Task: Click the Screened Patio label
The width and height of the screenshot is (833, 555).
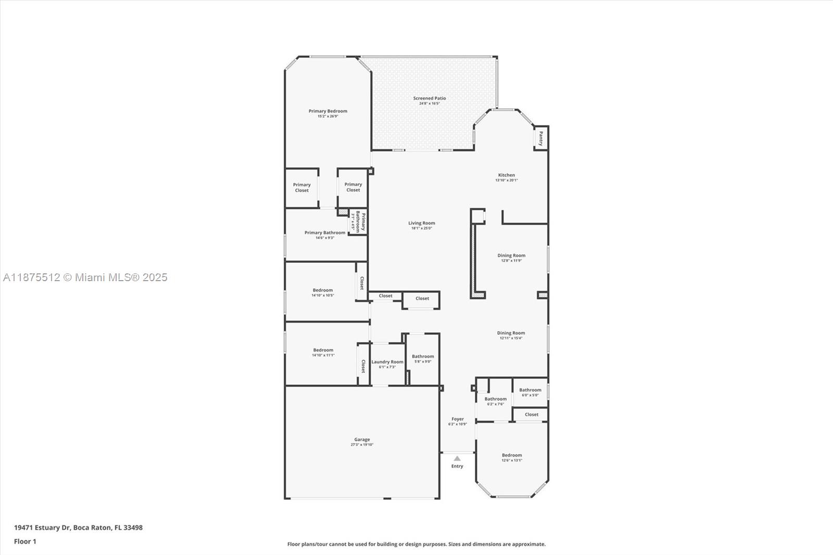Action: point(430,98)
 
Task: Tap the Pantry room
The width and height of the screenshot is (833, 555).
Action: point(541,138)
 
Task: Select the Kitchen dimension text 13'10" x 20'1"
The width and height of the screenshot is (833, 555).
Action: point(506,180)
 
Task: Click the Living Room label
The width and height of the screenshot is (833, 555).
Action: point(421,223)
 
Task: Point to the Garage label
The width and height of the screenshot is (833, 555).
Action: point(362,439)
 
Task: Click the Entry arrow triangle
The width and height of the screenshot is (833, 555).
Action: point(457,459)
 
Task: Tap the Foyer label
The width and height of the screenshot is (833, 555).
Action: point(458,419)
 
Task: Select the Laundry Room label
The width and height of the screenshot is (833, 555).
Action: point(387,362)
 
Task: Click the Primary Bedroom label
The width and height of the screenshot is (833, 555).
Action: point(327,111)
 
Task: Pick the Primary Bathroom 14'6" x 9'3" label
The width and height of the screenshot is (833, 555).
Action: point(325,233)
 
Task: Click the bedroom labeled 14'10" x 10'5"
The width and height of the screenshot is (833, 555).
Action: point(323,291)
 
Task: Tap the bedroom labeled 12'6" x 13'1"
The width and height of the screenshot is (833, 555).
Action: point(512,455)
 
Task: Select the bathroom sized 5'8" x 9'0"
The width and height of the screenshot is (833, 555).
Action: point(423,357)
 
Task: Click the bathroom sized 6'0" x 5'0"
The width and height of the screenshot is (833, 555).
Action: point(530,390)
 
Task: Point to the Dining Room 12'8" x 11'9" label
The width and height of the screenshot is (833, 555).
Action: point(511,256)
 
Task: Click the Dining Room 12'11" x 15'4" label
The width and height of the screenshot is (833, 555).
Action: point(511,333)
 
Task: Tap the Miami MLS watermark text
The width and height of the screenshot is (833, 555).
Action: point(85,277)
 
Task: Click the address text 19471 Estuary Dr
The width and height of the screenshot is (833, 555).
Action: point(42,527)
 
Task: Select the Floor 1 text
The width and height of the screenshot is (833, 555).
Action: point(25,541)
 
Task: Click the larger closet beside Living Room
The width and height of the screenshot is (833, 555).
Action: point(422,299)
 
